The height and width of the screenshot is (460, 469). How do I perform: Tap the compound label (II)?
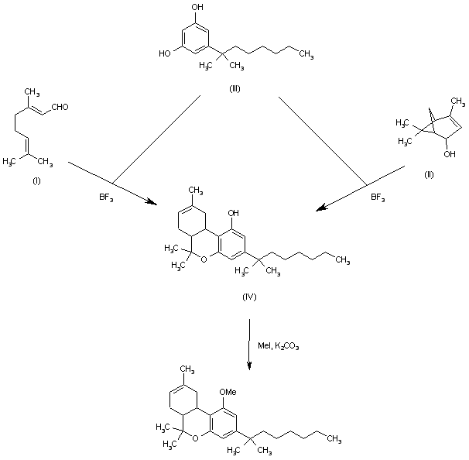click(428, 175)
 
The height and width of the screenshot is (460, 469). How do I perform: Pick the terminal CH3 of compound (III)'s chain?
click(306, 54)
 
